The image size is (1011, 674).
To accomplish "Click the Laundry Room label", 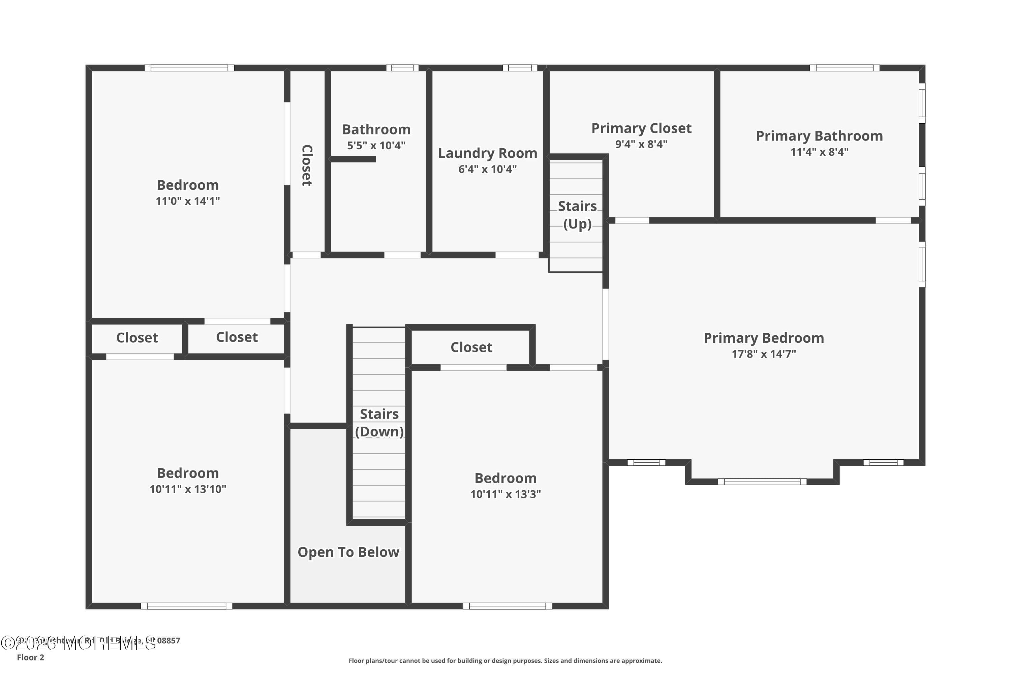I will click(x=487, y=153).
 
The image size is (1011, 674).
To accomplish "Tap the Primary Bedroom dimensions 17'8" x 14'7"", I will click(x=764, y=354).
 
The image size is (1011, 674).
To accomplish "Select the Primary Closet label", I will click(x=641, y=128).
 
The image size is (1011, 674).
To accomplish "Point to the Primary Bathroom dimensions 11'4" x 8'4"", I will click(x=819, y=152).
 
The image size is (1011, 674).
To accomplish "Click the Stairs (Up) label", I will click(x=577, y=215).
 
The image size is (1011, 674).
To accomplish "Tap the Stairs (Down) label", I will click(x=379, y=423).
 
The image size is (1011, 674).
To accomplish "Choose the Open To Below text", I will click(x=348, y=552).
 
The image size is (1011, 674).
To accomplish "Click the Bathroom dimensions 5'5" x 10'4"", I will click(x=376, y=145).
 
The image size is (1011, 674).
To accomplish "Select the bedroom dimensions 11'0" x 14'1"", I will click(x=187, y=201).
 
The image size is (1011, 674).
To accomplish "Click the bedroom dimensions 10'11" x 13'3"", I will click(x=506, y=494).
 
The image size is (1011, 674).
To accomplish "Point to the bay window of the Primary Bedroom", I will click(x=762, y=482).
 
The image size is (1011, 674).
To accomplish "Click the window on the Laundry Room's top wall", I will click(x=520, y=68).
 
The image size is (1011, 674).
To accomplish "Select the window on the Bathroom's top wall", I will click(x=402, y=68).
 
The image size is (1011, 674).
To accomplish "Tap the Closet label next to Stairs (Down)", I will click(x=471, y=347).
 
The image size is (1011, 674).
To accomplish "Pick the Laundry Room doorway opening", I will click(x=517, y=255).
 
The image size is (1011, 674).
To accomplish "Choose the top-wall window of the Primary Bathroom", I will click(x=844, y=68).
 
